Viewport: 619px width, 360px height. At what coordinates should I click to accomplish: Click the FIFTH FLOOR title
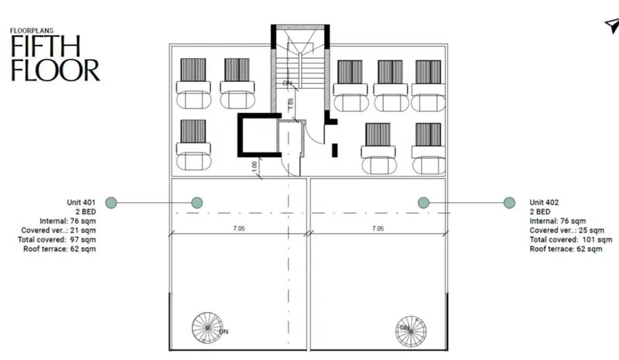(x=55, y=58)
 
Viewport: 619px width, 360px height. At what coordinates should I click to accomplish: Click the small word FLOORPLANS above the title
(x=32, y=30)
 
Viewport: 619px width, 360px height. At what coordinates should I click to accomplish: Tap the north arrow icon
(x=612, y=26)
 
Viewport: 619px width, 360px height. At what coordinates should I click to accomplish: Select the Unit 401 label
(x=81, y=202)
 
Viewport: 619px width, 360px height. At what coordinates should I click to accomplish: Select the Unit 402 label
(x=544, y=202)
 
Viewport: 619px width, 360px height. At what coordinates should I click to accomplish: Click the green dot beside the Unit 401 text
(x=111, y=203)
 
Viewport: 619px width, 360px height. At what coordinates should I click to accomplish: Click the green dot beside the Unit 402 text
(x=509, y=203)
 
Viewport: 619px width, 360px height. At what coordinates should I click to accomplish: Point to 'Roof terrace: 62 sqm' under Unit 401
(x=60, y=249)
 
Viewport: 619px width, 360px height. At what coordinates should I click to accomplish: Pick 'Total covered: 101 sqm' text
(x=571, y=239)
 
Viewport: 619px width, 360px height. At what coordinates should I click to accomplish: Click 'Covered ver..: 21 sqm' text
(x=59, y=231)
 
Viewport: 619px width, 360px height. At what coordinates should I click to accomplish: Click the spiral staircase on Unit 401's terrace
(x=207, y=327)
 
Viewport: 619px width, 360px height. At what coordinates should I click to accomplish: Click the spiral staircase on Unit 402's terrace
(x=411, y=331)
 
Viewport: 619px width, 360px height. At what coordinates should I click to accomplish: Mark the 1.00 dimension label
(x=255, y=166)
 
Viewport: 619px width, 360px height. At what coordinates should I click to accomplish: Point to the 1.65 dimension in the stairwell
(x=291, y=104)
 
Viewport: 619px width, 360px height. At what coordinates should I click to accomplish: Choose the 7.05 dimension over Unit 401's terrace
(x=239, y=228)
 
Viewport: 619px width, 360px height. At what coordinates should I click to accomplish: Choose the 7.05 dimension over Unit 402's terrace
(x=378, y=228)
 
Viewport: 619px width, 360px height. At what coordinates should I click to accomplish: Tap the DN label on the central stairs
(x=288, y=84)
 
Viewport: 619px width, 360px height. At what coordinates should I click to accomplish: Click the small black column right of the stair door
(x=335, y=150)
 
